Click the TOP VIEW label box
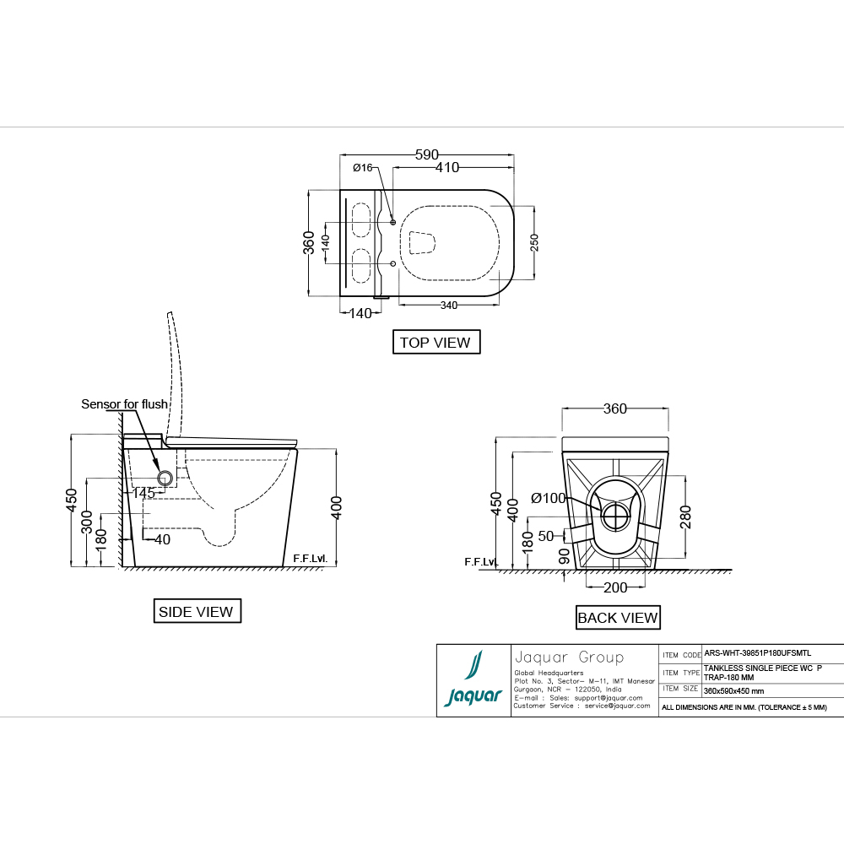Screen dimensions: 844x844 click(x=436, y=342)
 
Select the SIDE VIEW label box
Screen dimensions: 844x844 click(x=197, y=611)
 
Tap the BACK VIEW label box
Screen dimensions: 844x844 click(x=618, y=618)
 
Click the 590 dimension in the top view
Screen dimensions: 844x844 click(x=427, y=155)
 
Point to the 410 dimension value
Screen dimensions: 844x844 click(x=447, y=167)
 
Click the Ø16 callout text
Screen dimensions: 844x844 click(x=362, y=168)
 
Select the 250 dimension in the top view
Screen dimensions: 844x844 click(x=534, y=243)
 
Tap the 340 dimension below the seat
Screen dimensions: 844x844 click(x=449, y=306)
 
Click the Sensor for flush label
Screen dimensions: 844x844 click(x=124, y=403)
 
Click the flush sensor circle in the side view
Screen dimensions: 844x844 click(x=165, y=478)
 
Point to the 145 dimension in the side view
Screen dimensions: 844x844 click(x=143, y=493)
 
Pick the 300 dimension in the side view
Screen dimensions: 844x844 click(x=87, y=522)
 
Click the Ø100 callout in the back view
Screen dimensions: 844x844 click(x=549, y=499)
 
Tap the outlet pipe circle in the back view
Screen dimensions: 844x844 click(x=616, y=517)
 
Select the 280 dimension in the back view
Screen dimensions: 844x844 click(x=685, y=517)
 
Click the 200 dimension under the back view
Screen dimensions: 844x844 click(x=615, y=587)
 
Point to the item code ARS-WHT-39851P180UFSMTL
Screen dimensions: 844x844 click(x=757, y=653)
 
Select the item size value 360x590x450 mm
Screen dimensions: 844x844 click(x=733, y=691)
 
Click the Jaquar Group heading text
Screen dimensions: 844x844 click(x=569, y=657)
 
